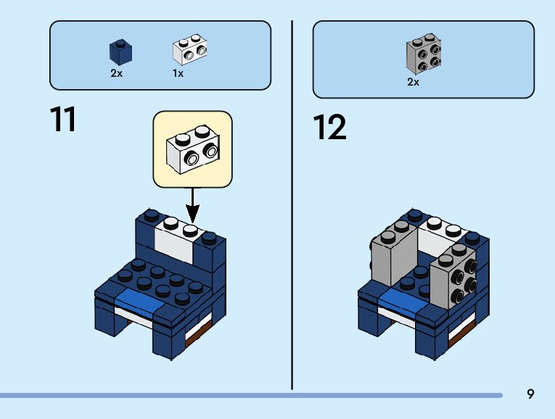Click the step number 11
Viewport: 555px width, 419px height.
(x=63, y=119)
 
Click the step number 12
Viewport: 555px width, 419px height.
(x=329, y=127)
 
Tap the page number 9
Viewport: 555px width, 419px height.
(x=530, y=394)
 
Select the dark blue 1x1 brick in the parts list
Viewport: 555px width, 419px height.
(x=120, y=52)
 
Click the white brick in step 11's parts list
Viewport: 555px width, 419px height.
(x=190, y=49)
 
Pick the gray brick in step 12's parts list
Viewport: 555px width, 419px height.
(x=424, y=54)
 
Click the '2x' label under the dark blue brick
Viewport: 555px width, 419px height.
(x=117, y=73)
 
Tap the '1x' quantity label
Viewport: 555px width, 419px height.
(x=178, y=73)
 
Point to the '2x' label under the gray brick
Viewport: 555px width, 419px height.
(x=413, y=82)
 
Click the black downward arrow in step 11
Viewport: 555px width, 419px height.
(x=192, y=205)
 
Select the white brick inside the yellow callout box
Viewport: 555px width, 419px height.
(x=193, y=149)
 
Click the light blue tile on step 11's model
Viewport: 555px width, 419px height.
(x=141, y=300)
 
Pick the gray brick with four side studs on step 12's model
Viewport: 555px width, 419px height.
(x=454, y=276)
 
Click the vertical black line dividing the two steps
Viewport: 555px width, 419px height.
(x=292, y=205)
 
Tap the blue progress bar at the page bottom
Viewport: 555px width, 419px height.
(x=251, y=395)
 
